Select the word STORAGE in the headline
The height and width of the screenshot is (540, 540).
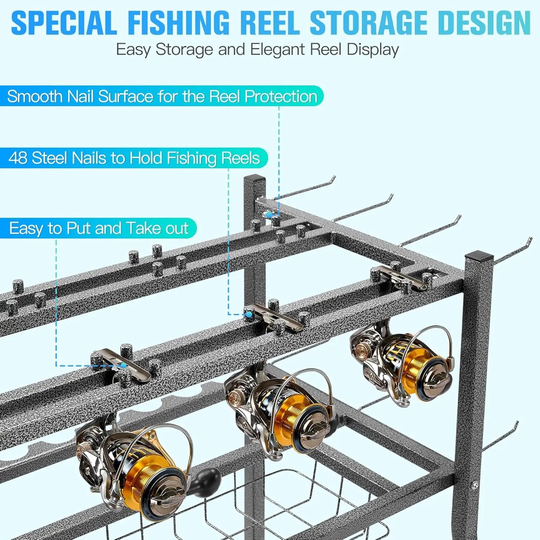tap(368, 23)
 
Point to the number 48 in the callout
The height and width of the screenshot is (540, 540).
tap(18, 158)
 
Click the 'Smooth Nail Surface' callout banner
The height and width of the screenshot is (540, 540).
tap(161, 96)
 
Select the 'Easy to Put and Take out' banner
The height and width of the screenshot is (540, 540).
tap(98, 228)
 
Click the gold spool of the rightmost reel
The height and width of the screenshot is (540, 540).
tap(419, 364)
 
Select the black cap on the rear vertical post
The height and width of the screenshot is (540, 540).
tap(254, 178)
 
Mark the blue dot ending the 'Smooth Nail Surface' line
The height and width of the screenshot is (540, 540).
tap(269, 215)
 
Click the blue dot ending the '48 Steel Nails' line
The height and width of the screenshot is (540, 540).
tap(248, 315)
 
